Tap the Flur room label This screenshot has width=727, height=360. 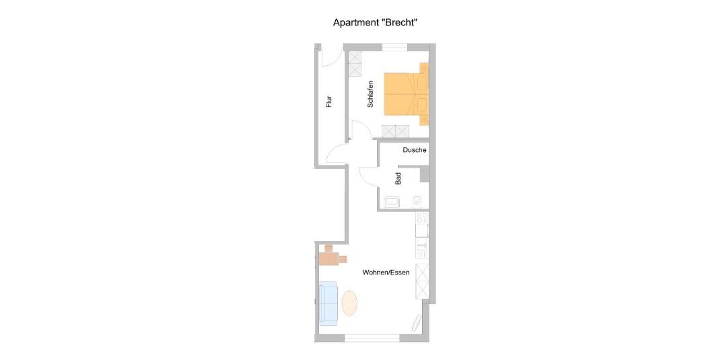point(329,102)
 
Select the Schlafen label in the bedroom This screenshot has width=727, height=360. point(370,94)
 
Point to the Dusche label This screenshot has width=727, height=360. point(415,150)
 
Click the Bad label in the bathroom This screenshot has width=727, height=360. point(398,179)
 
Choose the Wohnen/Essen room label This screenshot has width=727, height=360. point(386,273)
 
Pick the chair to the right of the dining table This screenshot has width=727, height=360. point(343,259)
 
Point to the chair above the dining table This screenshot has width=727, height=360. point(328,248)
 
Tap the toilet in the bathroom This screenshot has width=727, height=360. point(417,201)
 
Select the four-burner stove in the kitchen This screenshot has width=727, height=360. point(422,218)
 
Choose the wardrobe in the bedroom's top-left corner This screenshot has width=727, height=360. point(355,63)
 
